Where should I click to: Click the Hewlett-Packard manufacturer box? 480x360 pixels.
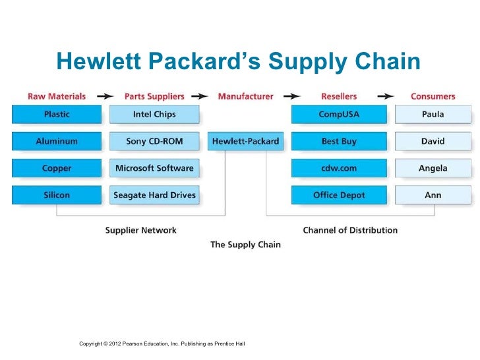246,141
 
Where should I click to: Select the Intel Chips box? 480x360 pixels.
154,114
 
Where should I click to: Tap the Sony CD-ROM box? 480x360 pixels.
154,141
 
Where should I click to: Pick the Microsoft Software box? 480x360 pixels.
154,168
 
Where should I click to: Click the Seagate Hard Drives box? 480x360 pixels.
154,195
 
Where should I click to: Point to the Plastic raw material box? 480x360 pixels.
57,114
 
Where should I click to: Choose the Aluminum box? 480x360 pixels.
57,141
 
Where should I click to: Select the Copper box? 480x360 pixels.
57,168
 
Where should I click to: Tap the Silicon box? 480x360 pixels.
57,195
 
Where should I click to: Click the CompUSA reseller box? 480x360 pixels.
338,114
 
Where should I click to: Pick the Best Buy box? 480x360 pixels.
338,141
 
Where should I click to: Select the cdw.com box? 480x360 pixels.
338,168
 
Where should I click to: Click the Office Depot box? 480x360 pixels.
338,195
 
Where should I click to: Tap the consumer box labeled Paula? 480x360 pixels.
433,114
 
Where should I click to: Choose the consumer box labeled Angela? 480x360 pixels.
433,168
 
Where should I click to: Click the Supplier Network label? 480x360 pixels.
141,230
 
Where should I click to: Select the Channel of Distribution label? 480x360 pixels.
350,230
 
